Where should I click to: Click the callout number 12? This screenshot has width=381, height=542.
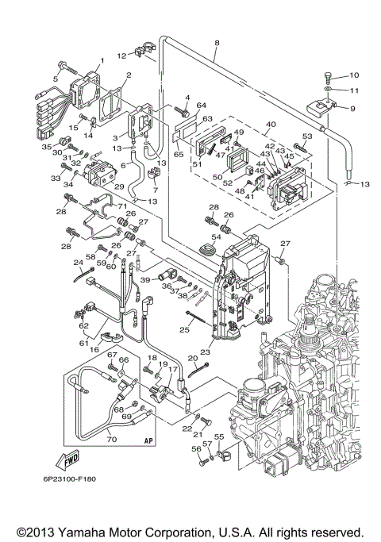click(x=122, y=56)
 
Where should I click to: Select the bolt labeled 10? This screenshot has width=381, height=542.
click(x=327, y=76)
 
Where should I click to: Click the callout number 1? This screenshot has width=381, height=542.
click(x=101, y=62)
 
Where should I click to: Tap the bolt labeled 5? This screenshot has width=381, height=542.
click(x=62, y=67)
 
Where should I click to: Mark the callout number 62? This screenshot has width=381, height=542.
click(x=82, y=324)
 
